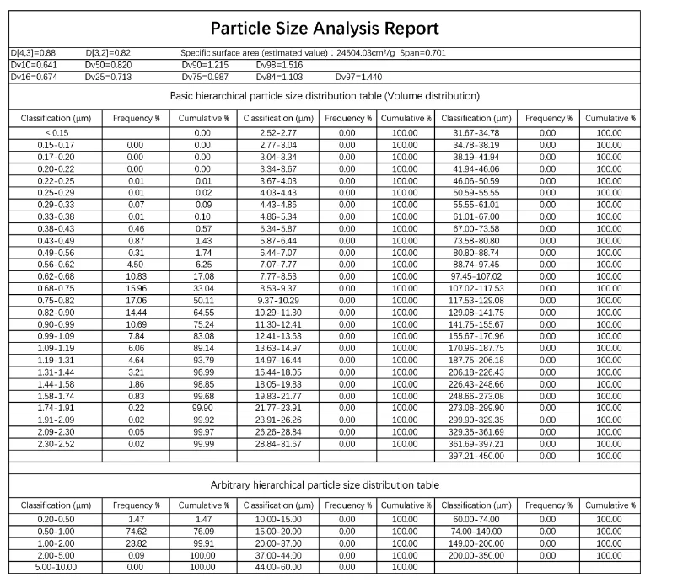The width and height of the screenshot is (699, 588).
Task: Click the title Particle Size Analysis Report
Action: point(325,28)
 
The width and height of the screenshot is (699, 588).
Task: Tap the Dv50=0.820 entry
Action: point(107,64)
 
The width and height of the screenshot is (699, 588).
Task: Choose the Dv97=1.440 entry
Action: point(358,77)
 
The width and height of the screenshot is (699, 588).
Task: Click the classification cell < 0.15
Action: point(56,133)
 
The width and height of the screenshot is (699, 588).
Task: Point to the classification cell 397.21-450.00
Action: point(476,455)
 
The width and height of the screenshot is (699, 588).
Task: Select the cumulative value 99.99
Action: point(202,443)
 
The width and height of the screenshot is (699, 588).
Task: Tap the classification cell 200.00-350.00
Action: point(476,555)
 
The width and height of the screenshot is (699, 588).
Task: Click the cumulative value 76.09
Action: point(202,532)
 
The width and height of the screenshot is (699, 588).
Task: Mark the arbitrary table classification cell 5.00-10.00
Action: point(56,567)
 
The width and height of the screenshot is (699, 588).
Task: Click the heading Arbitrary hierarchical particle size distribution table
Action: point(325,484)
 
